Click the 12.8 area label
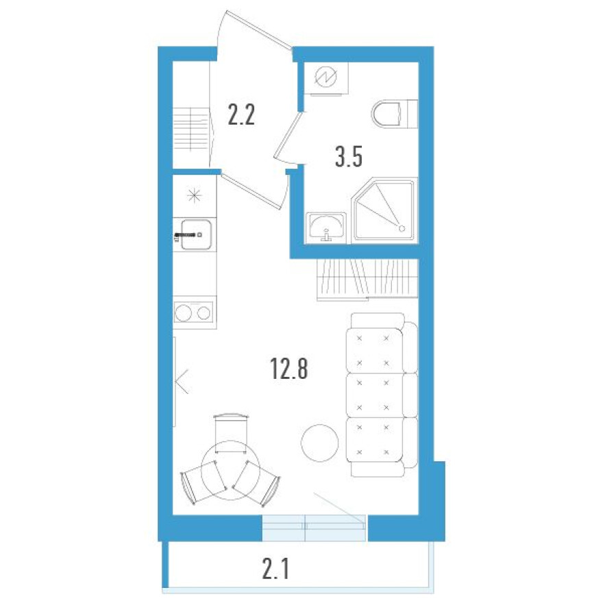289,369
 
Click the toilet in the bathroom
395,114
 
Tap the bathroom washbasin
327,225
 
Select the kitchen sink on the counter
195,235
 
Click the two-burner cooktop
194,314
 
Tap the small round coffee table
319,443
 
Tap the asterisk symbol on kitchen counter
195,195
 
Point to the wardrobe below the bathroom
366,280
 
